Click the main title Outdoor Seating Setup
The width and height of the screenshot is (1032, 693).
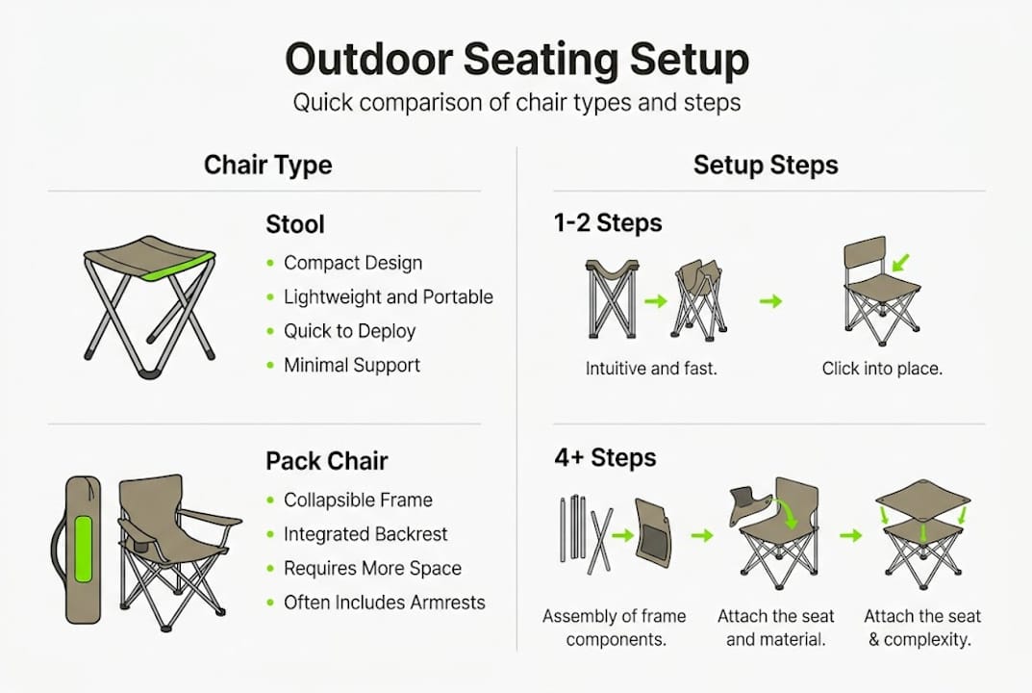coord(516,60)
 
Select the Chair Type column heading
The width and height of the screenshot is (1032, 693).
coord(267,165)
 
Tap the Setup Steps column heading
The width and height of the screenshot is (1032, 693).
coord(766,165)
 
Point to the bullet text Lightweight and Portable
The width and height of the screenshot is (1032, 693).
coord(388,297)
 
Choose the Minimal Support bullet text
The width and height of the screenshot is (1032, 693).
coord(351,365)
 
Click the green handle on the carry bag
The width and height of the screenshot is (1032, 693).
coord(84,550)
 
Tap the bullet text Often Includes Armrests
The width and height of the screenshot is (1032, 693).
coord(384,603)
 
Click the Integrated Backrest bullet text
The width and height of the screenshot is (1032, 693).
coord(365,534)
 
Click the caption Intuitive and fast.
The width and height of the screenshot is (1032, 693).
coord(651,368)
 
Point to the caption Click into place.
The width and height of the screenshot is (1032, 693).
coord(882,368)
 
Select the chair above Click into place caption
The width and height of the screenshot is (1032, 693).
coord(880,291)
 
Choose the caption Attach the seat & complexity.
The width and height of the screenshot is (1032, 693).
coord(922,628)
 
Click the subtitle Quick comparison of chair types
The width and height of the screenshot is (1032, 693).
coord(516,103)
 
